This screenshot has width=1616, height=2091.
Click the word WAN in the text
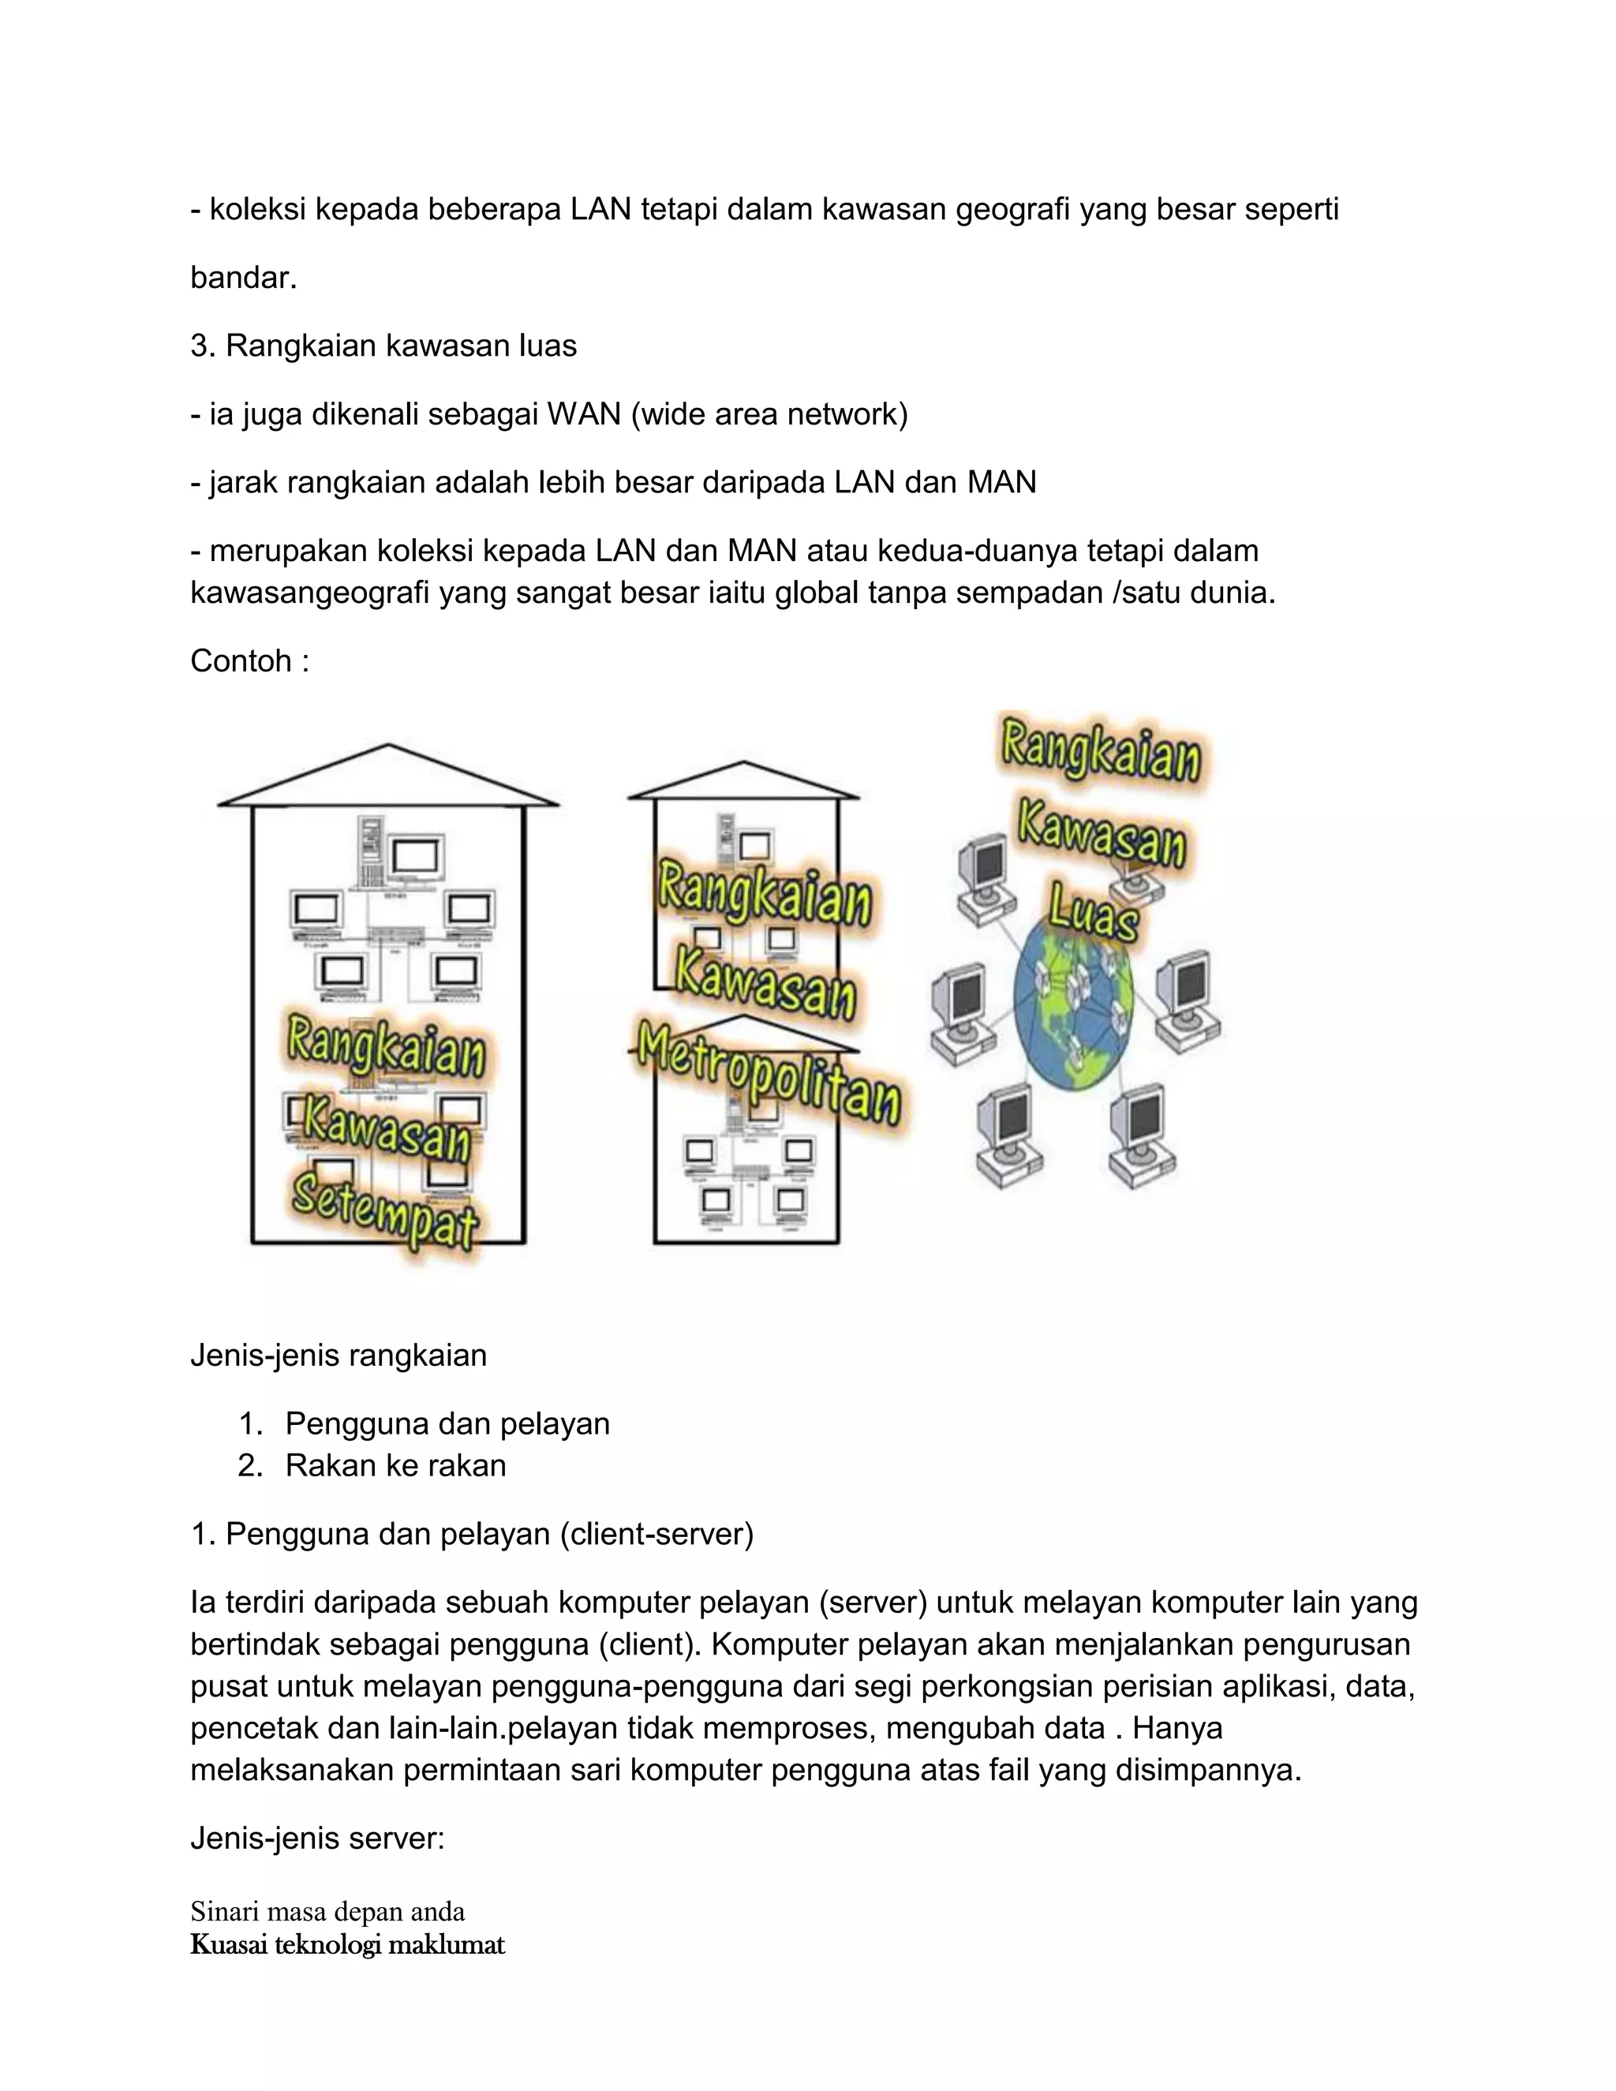(x=584, y=414)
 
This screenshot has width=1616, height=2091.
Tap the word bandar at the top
(x=243, y=278)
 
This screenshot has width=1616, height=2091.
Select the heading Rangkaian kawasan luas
(x=383, y=346)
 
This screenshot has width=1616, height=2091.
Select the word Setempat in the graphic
(x=385, y=1212)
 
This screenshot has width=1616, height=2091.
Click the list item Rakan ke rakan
(x=395, y=1464)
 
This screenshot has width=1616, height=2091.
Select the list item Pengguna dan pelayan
(x=447, y=1423)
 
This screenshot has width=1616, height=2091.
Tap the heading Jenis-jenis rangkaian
(x=339, y=1356)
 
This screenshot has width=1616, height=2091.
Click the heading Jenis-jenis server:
(x=318, y=1839)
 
